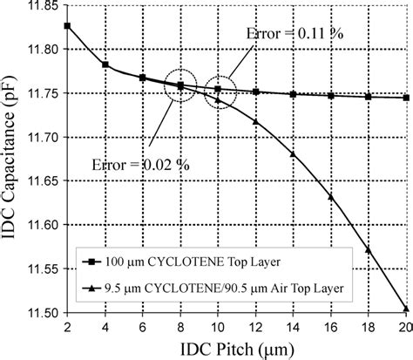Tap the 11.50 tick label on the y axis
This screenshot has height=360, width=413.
tap(40, 312)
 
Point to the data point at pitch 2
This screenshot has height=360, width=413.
tap(68, 26)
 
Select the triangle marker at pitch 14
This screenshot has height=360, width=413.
tap(293, 154)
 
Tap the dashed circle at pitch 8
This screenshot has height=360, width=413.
tap(180, 85)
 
